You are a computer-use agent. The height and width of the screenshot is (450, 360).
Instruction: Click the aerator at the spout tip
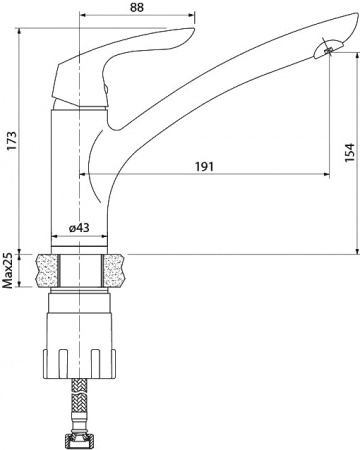click(326, 50)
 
